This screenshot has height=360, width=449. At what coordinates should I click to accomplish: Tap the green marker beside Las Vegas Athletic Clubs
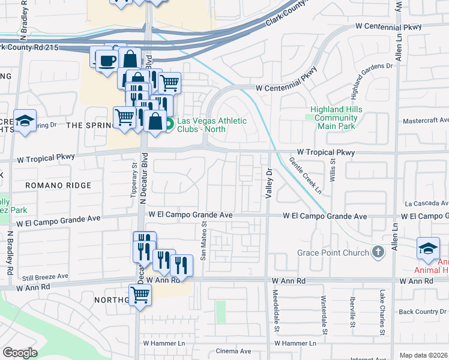coord(170,125)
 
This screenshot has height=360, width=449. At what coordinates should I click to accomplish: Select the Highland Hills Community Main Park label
coord(334,118)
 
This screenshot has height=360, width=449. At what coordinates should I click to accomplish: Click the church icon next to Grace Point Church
coord(378,252)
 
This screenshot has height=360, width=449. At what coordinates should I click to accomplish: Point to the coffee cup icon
coord(107,61)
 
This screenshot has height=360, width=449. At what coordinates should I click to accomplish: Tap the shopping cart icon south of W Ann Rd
coord(140,295)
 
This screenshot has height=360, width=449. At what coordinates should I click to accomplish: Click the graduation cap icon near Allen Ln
coord(429,248)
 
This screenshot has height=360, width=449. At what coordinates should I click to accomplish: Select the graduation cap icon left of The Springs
coord(25,122)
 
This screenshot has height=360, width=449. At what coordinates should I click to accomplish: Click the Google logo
coord(20,353)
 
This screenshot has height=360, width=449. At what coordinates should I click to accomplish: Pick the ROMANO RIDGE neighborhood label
coord(58,186)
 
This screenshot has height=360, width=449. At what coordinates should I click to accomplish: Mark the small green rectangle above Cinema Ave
coord(221,311)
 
